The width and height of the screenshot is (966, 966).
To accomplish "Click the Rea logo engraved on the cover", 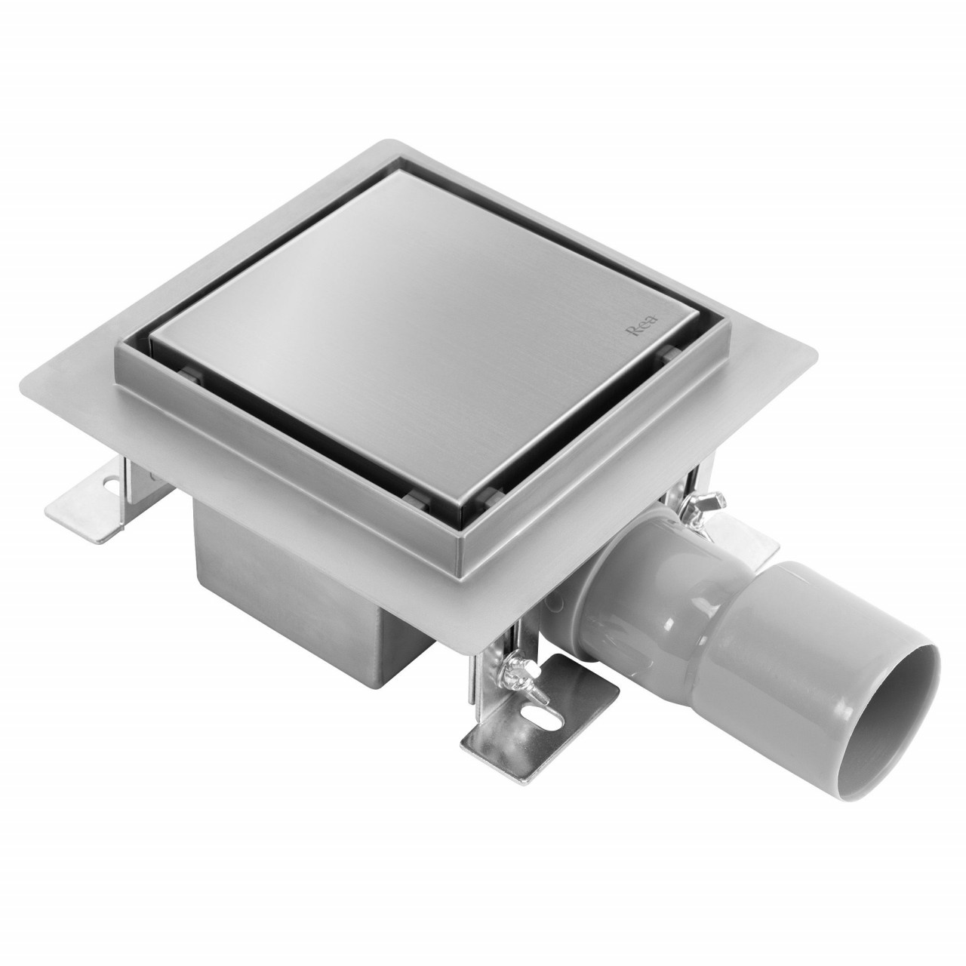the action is (x=643, y=326).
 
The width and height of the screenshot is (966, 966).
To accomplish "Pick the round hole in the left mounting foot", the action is (x=109, y=485).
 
